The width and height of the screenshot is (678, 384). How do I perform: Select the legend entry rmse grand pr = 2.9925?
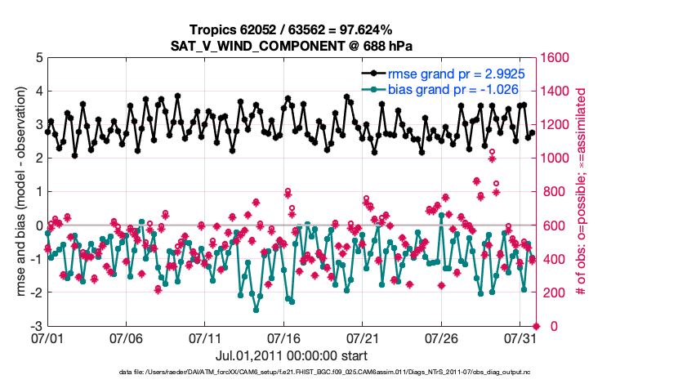(456, 74)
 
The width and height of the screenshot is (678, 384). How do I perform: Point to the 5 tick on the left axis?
(38, 58)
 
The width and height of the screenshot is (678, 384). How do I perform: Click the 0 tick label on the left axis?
(38, 225)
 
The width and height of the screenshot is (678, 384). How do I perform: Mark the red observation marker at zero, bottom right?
(535, 326)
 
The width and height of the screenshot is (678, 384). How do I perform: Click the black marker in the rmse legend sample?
(373, 74)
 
